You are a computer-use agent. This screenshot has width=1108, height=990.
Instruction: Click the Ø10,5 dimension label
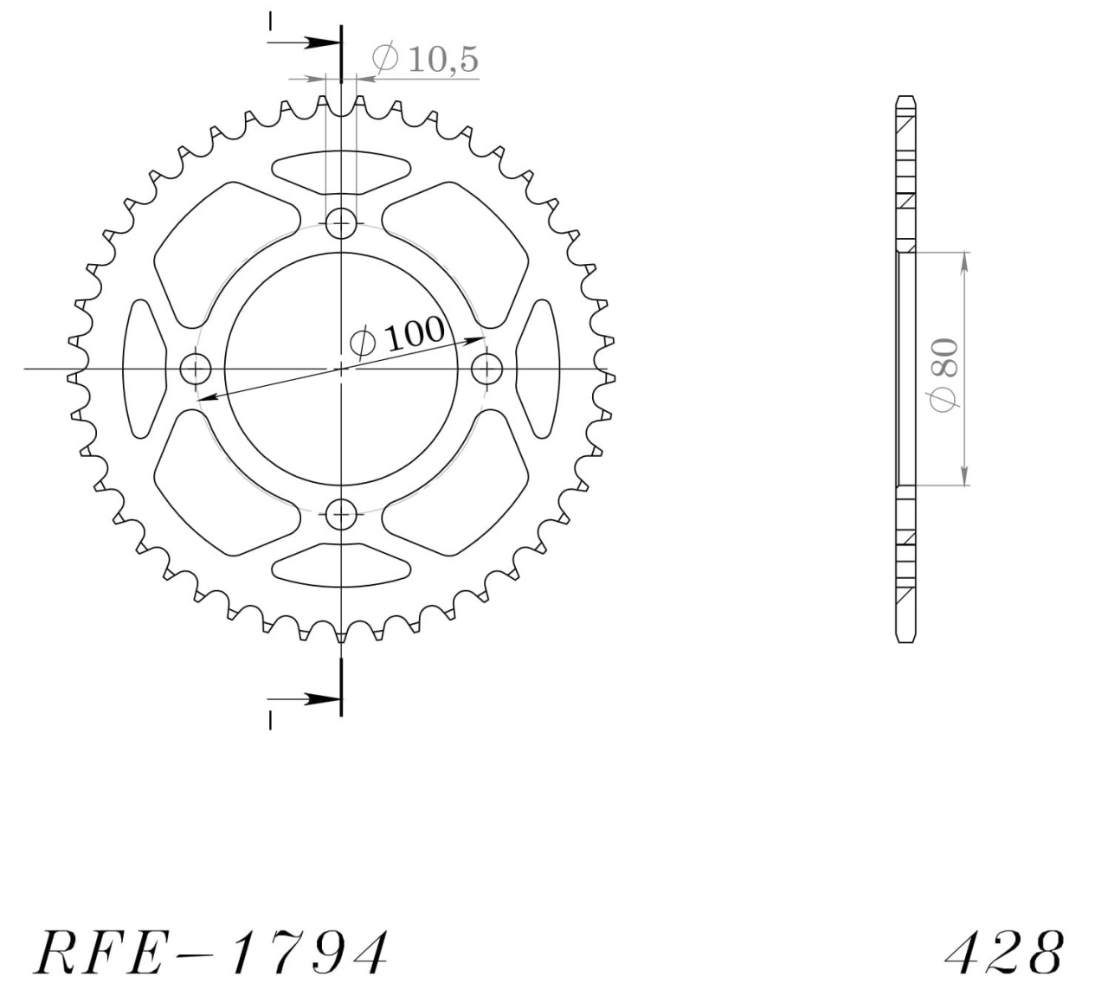point(425,59)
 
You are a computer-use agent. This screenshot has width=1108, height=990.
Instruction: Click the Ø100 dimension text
point(397,334)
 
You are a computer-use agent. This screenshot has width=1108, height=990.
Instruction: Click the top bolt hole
point(341,223)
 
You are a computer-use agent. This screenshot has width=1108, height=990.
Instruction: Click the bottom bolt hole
point(341,514)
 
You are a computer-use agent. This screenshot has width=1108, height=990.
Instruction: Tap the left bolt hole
point(196,369)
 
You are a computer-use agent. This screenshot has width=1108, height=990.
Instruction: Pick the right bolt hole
point(486,369)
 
